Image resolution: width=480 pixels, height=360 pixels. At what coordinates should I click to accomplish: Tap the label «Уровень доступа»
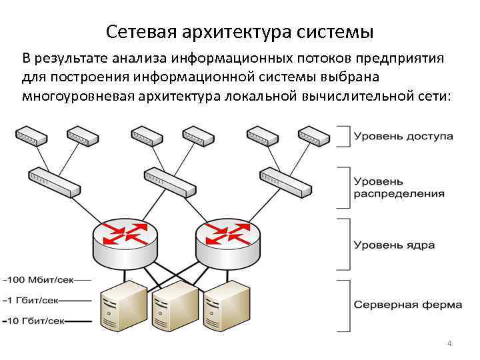[403, 136]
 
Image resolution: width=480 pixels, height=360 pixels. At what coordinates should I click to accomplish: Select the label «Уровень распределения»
[399, 187]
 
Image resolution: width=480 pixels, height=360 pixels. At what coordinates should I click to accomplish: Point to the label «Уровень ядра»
[393, 245]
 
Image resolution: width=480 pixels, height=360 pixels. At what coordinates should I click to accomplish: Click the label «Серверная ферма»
[407, 305]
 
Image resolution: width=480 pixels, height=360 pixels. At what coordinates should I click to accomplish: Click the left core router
[125, 241]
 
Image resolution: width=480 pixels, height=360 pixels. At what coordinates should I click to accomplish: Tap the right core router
[227, 241]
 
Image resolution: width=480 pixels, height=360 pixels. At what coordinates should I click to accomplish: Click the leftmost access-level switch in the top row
[31, 137]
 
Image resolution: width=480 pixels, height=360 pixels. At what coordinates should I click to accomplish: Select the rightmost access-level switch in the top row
[314, 137]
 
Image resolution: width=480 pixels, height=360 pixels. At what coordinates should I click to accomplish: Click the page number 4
[449, 343]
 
